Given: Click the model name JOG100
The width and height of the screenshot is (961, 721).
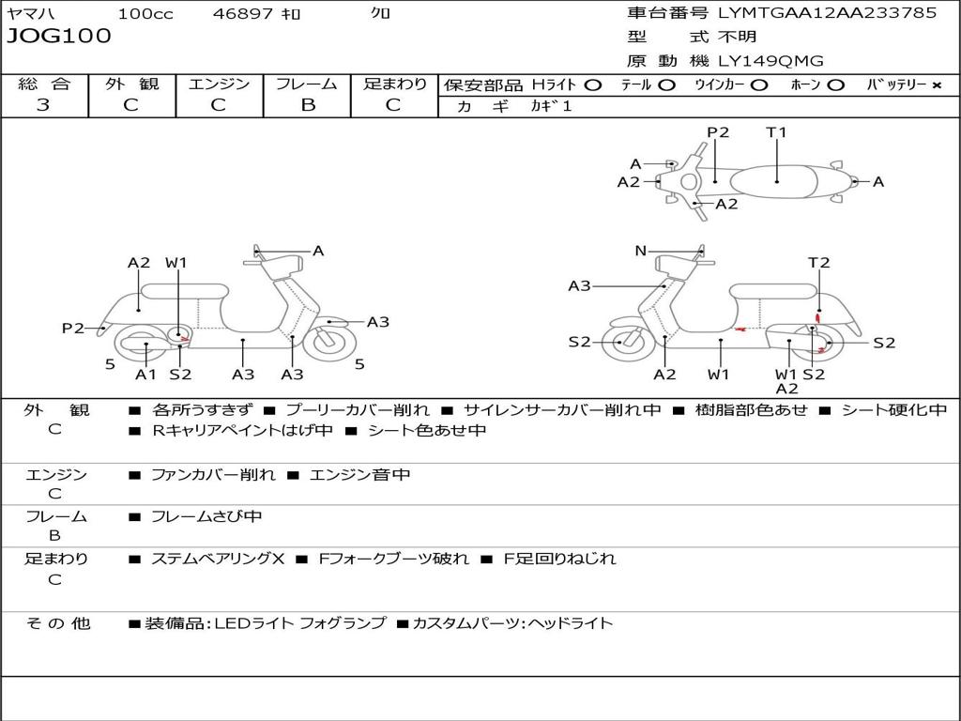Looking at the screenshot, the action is pos(58,37).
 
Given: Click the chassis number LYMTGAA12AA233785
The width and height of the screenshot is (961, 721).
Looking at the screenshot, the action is pos(827,13).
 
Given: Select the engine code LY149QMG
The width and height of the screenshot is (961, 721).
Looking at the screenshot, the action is pos(770,61).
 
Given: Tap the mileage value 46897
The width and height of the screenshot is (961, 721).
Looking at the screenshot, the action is pos(243,14).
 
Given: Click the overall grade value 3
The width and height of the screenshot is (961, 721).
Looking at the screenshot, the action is pos(43,104).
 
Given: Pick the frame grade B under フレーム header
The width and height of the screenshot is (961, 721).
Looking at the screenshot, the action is pos(307,104).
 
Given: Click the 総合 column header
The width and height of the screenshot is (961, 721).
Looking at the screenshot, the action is pos(43,84).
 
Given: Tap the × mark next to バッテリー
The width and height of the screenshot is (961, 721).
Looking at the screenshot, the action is pos(936,84).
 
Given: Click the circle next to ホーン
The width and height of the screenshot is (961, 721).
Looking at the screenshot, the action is pos(836,84).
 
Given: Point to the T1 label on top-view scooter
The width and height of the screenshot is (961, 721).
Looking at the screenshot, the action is pos(776,132).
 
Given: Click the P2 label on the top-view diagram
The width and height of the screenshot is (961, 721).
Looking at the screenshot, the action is pos(718,132).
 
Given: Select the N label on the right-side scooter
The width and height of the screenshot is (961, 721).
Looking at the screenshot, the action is pos(640,251).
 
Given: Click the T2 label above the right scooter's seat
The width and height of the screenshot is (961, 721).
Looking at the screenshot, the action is pos(819,263).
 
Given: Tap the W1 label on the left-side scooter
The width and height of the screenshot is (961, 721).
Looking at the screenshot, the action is pos(176,263).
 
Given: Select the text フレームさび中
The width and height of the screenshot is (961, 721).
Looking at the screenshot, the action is pos(206,516).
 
